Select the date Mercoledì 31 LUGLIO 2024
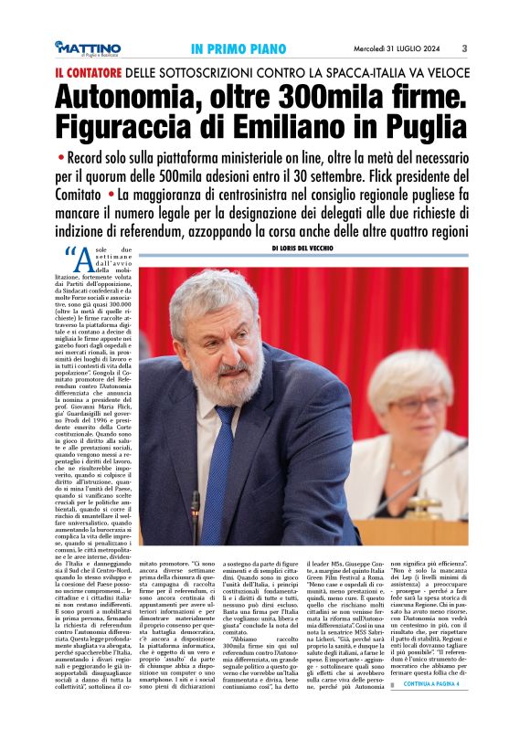click(x=401, y=48)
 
